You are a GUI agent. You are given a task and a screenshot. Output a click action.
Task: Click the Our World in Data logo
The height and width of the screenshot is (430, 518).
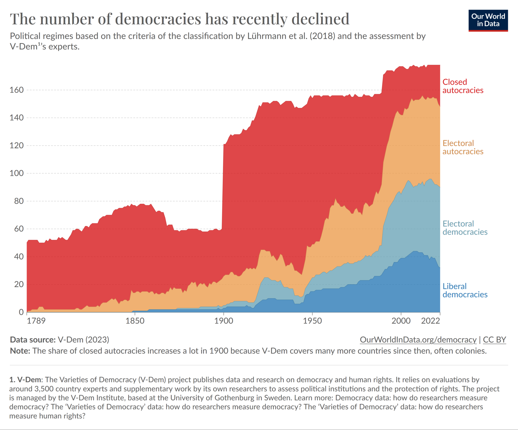pyautogui.click(x=488, y=20)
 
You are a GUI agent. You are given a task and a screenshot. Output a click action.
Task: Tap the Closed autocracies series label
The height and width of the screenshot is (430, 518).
pyautogui.click(x=463, y=86)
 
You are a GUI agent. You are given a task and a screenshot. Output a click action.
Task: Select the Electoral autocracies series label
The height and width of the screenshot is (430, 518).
pyautogui.click(x=463, y=147)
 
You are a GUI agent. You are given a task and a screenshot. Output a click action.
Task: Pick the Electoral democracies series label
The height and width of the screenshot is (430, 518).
pyautogui.click(x=465, y=228)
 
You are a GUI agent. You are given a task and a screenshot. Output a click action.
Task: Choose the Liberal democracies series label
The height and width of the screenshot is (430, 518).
pyautogui.click(x=465, y=290)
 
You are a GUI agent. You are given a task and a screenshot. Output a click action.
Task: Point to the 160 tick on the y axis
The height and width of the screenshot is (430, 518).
pyautogui.click(x=16, y=90)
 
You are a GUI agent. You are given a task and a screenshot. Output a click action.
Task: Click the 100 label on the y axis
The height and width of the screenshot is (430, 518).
pyautogui.click(x=16, y=173)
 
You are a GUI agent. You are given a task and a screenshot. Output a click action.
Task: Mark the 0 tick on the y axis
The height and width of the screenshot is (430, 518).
pyautogui.click(x=21, y=312)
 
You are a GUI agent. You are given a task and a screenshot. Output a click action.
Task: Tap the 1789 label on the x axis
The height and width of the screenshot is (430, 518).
pyautogui.click(x=36, y=321)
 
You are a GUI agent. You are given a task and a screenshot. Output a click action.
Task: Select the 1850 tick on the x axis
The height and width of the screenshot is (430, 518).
pyautogui.click(x=135, y=321)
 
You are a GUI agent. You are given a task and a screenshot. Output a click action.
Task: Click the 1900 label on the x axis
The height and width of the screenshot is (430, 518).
pyautogui.click(x=224, y=321)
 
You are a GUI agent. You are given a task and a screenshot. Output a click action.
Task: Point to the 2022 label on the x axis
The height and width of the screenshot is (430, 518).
pyautogui.click(x=430, y=321)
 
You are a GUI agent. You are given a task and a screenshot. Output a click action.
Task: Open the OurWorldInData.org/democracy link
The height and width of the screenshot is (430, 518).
pyautogui.click(x=418, y=340)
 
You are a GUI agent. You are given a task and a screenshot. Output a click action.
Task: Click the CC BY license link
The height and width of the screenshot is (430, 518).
pyautogui.click(x=494, y=340)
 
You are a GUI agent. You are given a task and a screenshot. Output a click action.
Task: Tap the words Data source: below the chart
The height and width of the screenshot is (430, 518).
pyautogui.click(x=33, y=340)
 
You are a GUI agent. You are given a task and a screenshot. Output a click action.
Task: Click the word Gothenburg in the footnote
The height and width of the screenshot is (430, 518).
pyautogui.click(x=234, y=398)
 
